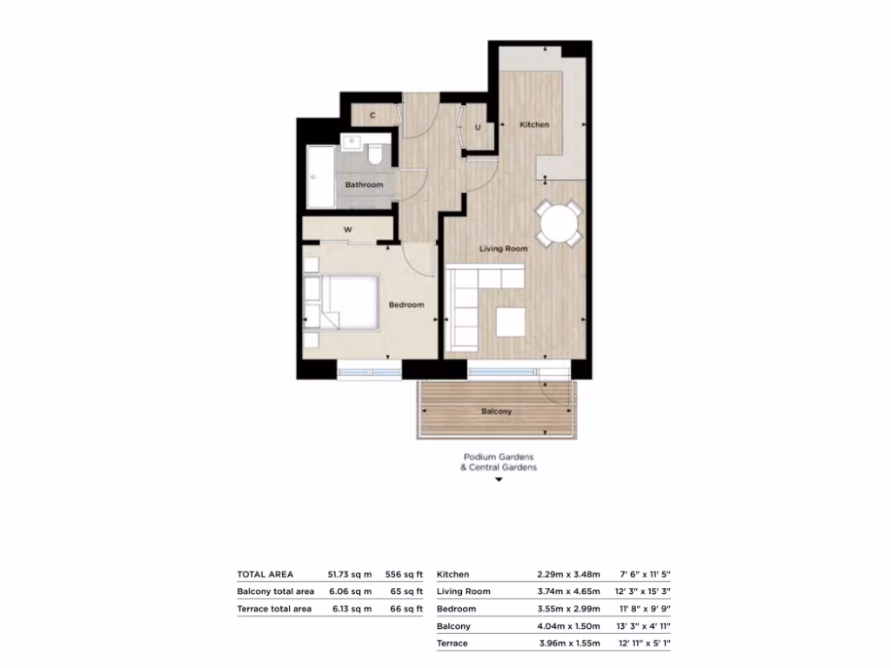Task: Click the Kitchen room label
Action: coord(534,124)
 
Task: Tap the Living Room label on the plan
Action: coord(504,249)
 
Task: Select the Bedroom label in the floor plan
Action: coord(406,304)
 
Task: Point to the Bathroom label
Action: coord(364,185)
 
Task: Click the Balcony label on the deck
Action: coord(497,411)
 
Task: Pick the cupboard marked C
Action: coord(372,115)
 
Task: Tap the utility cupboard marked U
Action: coord(478,128)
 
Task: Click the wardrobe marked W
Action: coord(347,230)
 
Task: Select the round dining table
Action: coord(558,224)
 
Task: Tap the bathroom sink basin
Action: coord(352,143)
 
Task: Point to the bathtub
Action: coord(318,178)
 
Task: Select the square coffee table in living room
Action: coord(511,322)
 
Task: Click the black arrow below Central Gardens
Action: coord(499,479)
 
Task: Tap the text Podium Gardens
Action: coord(499,457)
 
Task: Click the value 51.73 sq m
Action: coord(349,574)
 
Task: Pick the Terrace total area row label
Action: coord(274,609)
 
